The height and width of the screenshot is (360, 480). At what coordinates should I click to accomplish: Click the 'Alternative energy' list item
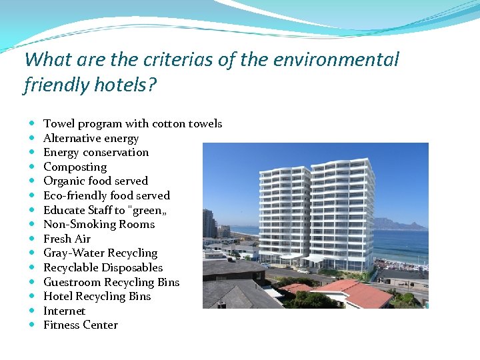pyautogui.click(x=91, y=139)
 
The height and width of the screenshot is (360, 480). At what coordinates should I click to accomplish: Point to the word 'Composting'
pyautogui.click(x=75, y=167)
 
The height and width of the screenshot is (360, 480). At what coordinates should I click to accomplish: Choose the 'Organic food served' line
pyautogui.click(x=95, y=181)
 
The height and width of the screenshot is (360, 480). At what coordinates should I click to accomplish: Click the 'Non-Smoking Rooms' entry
pyautogui.click(x=99, y=225)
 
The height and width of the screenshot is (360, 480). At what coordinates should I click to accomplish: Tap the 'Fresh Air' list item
pyautogui.click(x=67, y=239)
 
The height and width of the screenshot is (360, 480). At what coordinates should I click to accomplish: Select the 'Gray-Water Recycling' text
pyautogui.click(x=100, y=253)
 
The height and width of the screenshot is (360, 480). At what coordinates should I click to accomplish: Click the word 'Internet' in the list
pyautogui.click(x=64, y=311)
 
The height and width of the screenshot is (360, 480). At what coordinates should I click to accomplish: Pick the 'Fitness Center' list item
pyautogui.click(x=80, y=325)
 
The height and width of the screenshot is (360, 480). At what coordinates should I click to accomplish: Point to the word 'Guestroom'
pyautogui.click(x=72, y=282)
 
